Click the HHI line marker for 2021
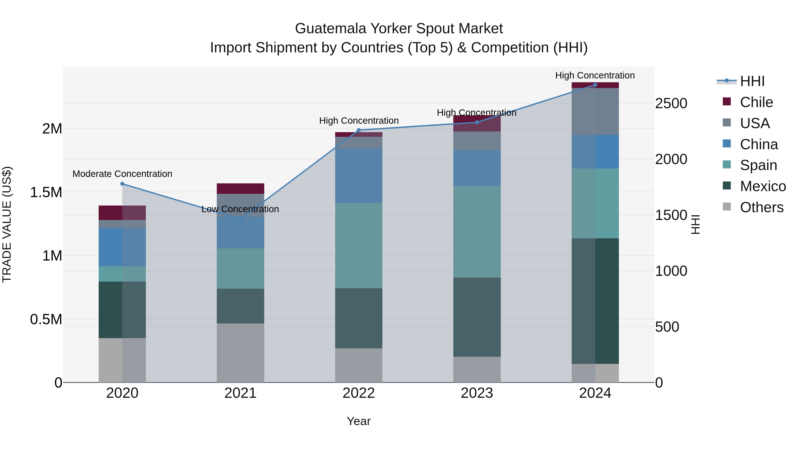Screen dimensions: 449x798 (240, 219)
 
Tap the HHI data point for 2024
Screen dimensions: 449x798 (595, 85)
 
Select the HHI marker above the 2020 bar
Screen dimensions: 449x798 (122, 184)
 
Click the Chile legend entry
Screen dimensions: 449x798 (756, 102)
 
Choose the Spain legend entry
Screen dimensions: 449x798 (758, 165)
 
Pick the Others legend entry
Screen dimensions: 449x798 (761, 207)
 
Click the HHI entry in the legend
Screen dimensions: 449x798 (752, 81)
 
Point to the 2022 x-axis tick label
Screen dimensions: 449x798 (359, 393)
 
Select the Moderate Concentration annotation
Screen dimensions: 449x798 (122, 174)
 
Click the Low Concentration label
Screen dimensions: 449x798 (240, 209)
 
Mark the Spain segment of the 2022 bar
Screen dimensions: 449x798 (359, 245)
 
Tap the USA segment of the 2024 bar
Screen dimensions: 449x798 (595, 112)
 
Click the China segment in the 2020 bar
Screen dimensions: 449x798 (122, 247)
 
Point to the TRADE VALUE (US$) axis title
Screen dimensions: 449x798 (7, 224)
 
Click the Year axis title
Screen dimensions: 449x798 (358, 421)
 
